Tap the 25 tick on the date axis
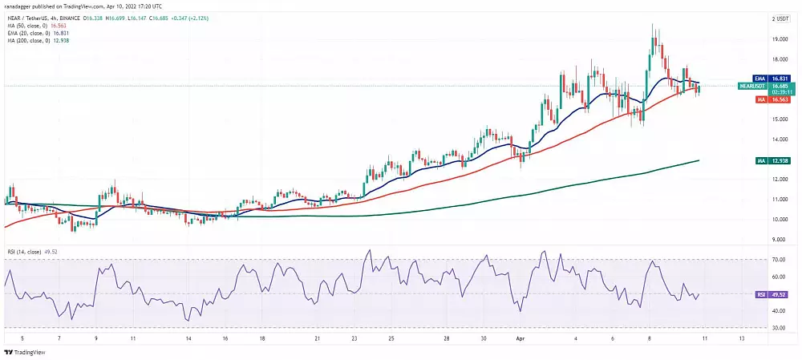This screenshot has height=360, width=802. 391,338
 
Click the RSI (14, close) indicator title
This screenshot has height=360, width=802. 30,253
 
